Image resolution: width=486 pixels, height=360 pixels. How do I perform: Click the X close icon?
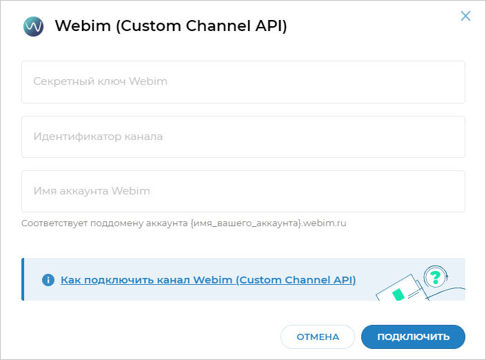tap(465, 16)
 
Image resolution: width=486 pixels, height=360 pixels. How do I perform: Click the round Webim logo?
tap(34, 26)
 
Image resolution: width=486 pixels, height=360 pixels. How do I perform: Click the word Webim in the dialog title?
tap(83, 26)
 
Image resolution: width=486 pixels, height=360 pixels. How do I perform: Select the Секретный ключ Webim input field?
tap(243, 82)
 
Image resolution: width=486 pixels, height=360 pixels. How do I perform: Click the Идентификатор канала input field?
tap(243, 137)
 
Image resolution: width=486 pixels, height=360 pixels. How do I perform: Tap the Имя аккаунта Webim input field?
tap(243, 191)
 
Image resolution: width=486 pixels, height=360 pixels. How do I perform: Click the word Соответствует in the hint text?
tap(54, 223)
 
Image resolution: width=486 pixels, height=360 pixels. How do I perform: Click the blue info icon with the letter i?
tap(48, 280)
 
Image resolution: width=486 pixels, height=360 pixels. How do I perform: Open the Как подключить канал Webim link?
tap(208, 280)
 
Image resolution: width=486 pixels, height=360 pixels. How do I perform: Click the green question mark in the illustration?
tap(436, 277)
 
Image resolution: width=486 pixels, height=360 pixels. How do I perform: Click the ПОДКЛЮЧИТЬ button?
tap(413, 337)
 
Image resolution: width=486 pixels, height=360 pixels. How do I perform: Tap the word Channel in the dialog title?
tap(218, 26)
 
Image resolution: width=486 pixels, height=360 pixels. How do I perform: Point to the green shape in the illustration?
tap(398, 294)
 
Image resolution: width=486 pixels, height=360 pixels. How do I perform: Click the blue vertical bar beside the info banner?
tap(23, 279)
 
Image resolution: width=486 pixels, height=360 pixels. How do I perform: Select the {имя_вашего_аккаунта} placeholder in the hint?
tap(246, 223)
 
